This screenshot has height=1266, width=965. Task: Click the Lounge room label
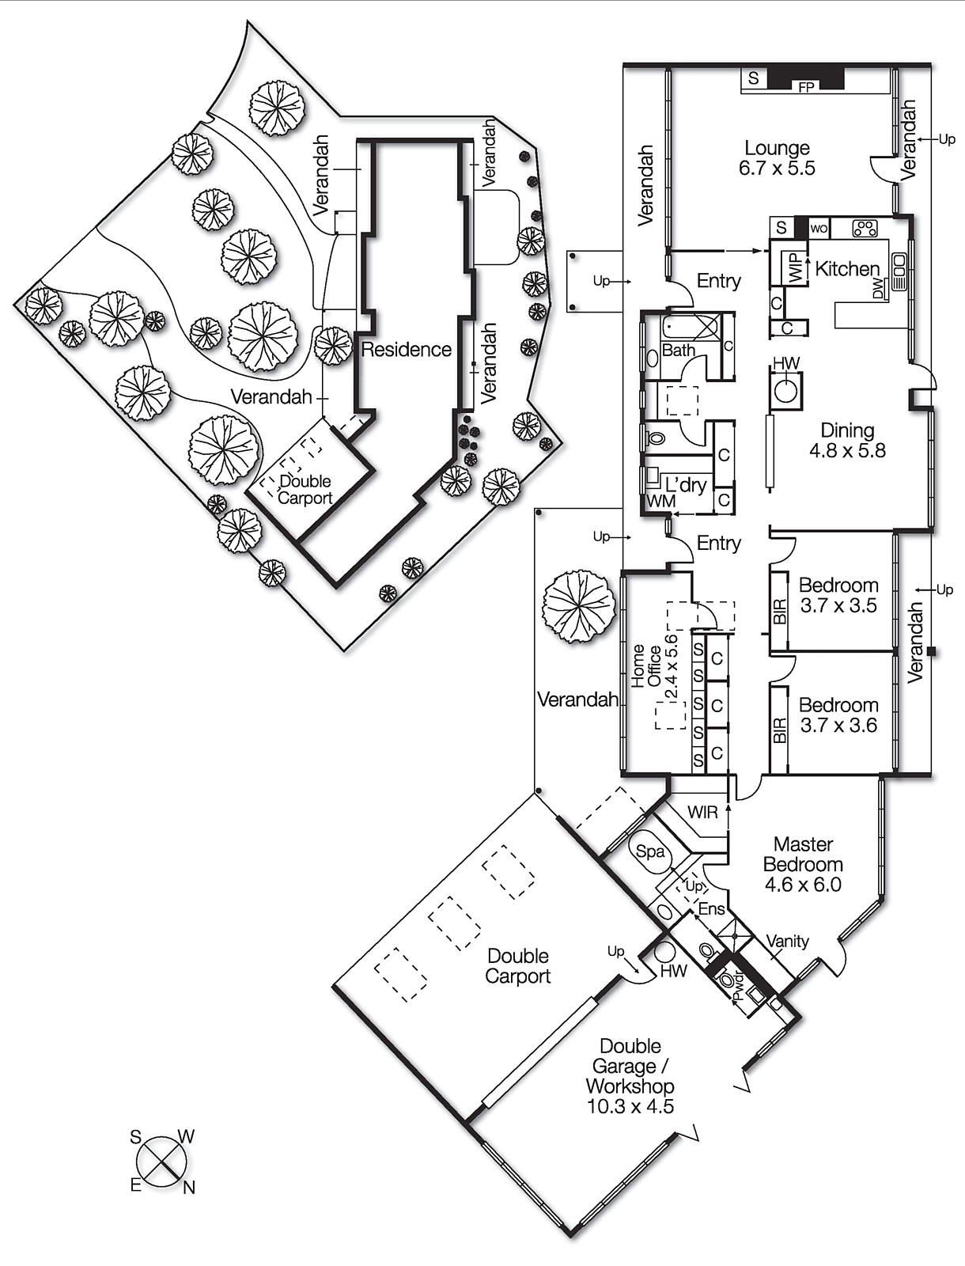(x=777, y=148)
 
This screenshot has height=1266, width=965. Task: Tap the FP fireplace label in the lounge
(x=805, y=88)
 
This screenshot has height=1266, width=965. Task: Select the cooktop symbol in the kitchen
(x=865, y=229)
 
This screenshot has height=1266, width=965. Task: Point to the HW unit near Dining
(x=786, y=389)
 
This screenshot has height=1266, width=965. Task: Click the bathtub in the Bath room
(x=691, y=327)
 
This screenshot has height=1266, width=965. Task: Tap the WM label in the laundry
(x=661, y=501)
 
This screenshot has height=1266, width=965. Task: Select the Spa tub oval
(x=652, y=852)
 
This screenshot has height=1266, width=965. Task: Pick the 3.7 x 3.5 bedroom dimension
(x=838, y=606)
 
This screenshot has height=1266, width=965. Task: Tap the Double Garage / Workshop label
(x=630, y=1066)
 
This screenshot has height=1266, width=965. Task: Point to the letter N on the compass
(x=188, y=1187)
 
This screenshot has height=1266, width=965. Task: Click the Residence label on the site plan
(x=406, y=349)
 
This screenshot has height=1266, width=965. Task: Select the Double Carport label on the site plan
(x=305, y=490)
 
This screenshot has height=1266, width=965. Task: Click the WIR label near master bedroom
(x=702, y=813)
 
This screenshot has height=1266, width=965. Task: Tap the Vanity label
(x=788, y=941)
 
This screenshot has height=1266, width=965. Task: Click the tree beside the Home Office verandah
(x=579, y=606)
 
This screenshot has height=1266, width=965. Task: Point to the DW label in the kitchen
(x=877, y=290)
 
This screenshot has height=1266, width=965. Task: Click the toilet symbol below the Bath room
(x=657, y=436)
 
